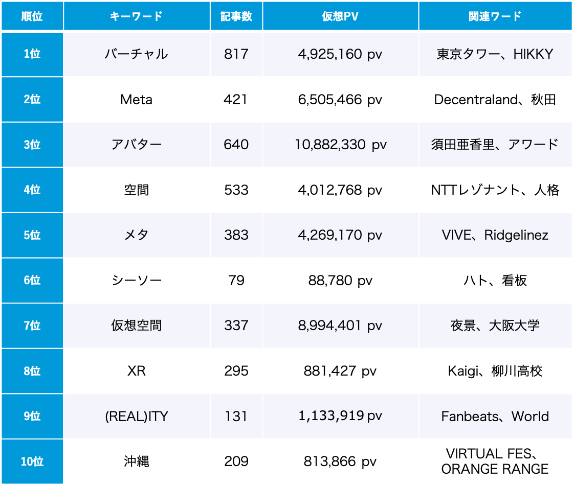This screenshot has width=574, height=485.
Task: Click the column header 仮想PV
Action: click(340, 16)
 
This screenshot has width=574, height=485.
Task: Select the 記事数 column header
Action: click(236, 16)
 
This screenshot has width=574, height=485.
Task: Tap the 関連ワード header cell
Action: click(495, 16)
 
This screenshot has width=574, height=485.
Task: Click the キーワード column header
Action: click(136, 16)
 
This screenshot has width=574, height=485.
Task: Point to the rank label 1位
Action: click(32, 54)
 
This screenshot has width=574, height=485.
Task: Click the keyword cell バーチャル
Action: click(136, 54)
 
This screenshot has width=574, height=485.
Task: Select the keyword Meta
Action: click(136, 100)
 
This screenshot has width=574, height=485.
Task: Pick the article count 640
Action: click(236, 145)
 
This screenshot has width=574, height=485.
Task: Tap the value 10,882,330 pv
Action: click(340, 145)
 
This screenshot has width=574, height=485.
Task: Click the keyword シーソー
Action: click(136, 281)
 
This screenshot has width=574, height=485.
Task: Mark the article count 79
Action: click(236, 281)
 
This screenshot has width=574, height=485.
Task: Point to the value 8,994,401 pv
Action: click(340, 326)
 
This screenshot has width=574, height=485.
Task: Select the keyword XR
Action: click(136, 371)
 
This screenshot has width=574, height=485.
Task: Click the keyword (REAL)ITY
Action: click(136, 417)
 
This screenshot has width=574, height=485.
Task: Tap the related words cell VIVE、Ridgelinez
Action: click(495, 235)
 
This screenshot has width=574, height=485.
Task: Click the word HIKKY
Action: click(533, 54)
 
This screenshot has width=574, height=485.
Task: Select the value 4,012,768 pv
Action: click(340, 190)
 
